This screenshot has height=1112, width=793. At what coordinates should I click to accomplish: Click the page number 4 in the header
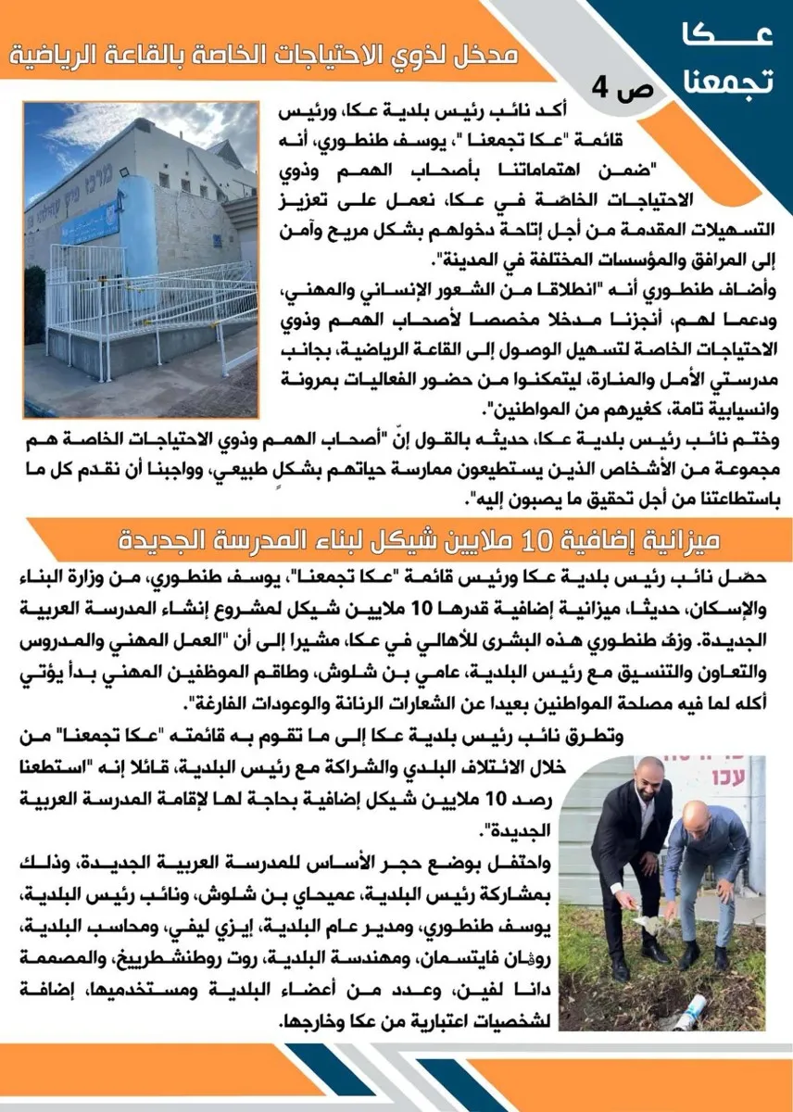point(599,90)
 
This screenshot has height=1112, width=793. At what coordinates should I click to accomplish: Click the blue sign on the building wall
point(91,222)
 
